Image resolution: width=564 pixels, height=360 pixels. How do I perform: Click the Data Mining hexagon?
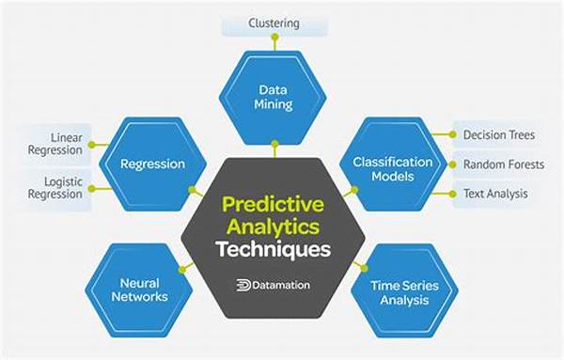tap(274, 97)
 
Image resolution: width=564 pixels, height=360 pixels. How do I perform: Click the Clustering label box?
tap(274, 22)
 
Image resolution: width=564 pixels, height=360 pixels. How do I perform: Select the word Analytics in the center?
tap(273, 226)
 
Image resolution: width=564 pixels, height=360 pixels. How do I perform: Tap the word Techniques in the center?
tap(273, 250)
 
